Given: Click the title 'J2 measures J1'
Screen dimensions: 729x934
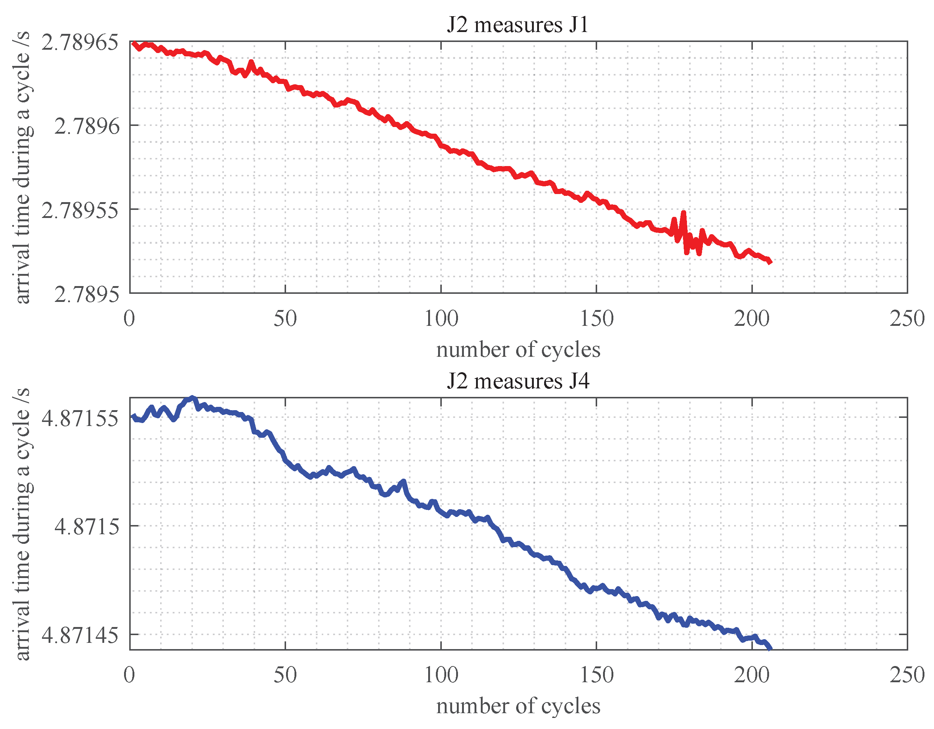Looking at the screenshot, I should coord(518,25).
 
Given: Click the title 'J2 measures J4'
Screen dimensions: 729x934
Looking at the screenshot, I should coord(518,381).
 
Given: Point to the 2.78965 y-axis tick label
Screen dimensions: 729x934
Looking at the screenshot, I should coord(80,42).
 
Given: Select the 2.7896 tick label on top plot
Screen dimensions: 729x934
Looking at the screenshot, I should coord(87,126).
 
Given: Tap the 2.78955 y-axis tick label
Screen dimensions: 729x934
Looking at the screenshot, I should coord(80,210).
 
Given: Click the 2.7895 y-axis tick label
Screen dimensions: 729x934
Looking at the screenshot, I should coord(87,294).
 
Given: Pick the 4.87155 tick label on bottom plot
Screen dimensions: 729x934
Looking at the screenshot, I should coord(80,418).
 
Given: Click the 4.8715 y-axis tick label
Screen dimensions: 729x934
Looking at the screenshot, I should coord(87,526).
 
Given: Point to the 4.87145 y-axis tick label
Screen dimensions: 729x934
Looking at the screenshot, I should coord(80,635).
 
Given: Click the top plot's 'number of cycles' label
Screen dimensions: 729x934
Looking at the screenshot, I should coord(518,350).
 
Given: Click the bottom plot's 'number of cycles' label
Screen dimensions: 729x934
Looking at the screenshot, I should coord(518,706).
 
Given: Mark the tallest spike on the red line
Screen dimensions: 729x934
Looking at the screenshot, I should coord(683,212).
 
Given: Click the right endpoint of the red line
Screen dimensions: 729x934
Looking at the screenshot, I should coord(770,263).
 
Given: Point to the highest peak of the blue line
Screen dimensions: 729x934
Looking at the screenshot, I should coord(193,398).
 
